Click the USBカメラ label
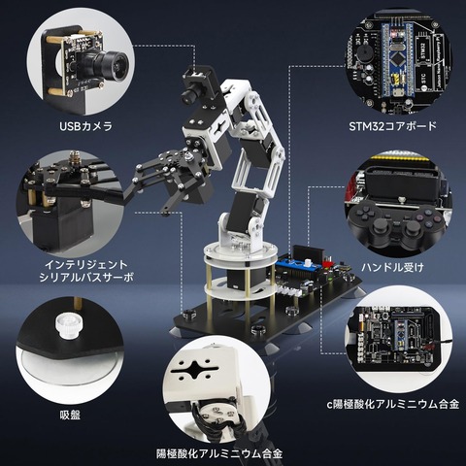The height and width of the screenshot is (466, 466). (x=85, y=126)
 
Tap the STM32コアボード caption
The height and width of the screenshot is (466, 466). (x=393, y=126)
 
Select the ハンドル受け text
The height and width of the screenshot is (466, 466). (x=392, y=267)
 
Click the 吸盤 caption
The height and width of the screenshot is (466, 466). (x=70, y=415)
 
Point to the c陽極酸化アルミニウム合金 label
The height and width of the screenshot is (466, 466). (x=393, y=404)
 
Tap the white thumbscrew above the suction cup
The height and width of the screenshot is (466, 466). (x=69, y=324)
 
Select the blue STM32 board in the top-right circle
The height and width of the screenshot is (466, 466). (x=396, y=60)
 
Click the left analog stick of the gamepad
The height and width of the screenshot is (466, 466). (x=380, y=227)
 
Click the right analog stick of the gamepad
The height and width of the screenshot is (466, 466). (x=411, y=229)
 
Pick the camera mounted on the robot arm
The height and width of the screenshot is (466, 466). (x=193, y=85)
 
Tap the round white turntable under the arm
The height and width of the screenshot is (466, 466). (x=240, y=253)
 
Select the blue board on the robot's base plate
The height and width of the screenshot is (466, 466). (x=298, y=264)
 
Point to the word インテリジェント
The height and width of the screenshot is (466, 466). (x=86, y=265)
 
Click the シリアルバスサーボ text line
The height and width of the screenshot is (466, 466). (x=86, y=278)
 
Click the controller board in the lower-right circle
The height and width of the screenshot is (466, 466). (x=396, y=339)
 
